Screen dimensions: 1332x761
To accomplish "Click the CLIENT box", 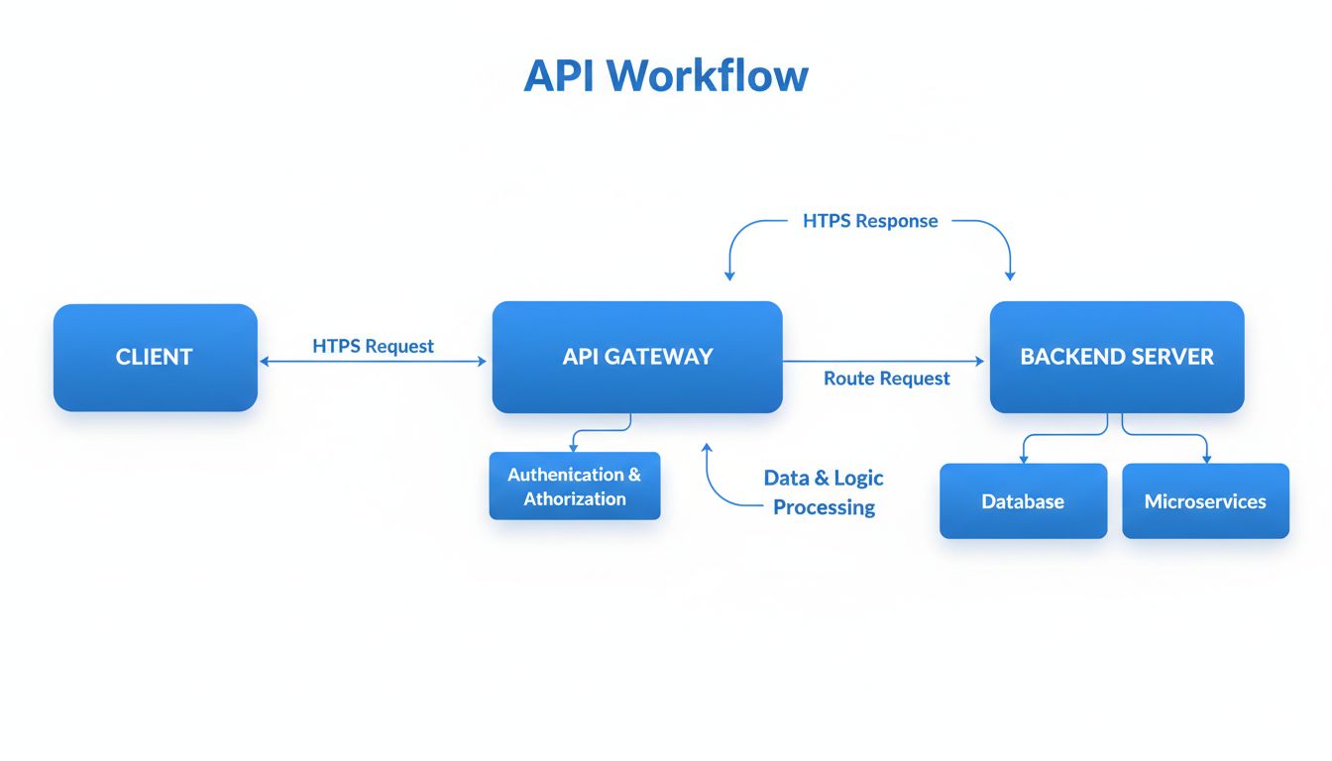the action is pyautogui.click(x=155, y=358).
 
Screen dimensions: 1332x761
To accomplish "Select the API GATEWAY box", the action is pyautogui.click(x=637, y=358).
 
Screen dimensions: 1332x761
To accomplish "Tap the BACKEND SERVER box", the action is pyautogui.click(x=1117, y=358).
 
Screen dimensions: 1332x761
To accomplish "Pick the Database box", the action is pyautogui.click(x=1023, y=501).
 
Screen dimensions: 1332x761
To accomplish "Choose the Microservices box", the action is pyautogui.click(x=1205, y=501).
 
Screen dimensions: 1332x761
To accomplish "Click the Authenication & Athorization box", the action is pyautogui.click(x=574, y=487).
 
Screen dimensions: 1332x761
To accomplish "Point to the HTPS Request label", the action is pyautogui.click(x=374, y=346).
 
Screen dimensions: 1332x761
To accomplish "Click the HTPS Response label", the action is pyautogui.click(x=870, y=221).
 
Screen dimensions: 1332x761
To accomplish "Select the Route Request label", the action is pyautogui.click(x=887, y=379).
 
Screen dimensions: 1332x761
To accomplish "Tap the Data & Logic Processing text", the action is pyautogui.click(x=824, y=492).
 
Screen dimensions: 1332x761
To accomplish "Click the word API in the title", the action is pyautogui.click(x=558, y=75).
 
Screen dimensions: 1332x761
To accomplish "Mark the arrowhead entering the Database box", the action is pyautogui.click(x=1023, y=459).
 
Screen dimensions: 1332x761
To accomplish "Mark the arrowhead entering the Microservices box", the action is pyautogui.click(x=1206, y=459).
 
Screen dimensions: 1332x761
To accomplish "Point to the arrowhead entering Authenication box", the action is pyautogui.click(x=573, y=448).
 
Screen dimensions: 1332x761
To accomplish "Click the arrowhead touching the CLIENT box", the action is pyautogui.click(x=264, y=362).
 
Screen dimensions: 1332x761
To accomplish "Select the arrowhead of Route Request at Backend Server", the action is pyautogui.click(x=980, y=362).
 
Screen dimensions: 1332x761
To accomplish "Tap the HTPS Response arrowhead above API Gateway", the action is pyautogui.click(x=728, y=275).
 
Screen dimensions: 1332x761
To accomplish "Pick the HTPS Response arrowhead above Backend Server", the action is pyautogui.click(x=1011, y=274).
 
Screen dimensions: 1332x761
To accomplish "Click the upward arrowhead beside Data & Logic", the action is pyautogui.click(x=707, y=447).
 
